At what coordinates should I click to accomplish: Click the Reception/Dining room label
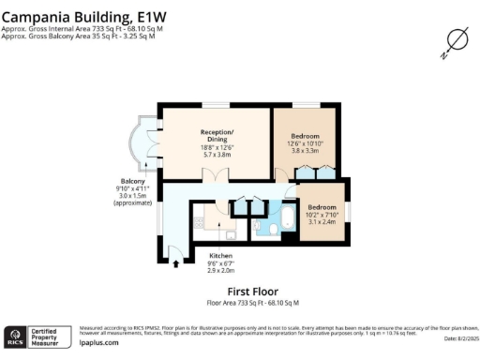[x=216, y=135]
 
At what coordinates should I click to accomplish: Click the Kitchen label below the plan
[x=221, y=256]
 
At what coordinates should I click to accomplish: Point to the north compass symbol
[x=456, y=40]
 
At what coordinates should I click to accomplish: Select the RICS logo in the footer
[x=16, y=337]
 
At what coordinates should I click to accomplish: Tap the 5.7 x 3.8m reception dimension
[x=216, y=155]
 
